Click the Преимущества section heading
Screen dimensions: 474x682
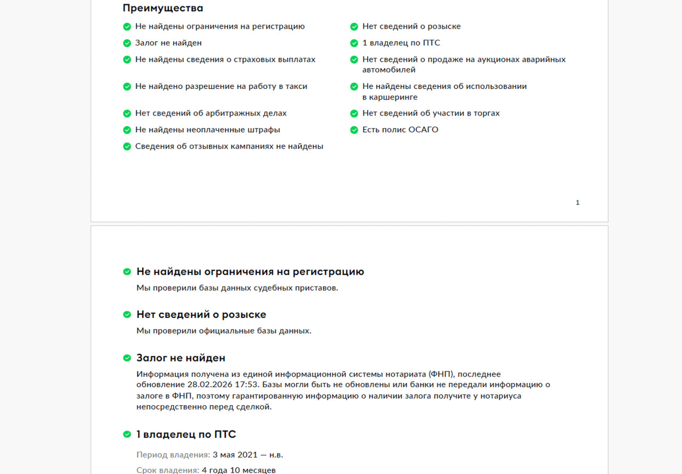[163, 8]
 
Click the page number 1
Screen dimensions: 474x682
[578, 202]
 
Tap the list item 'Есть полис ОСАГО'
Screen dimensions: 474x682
[400, 129]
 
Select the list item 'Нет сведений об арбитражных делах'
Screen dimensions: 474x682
[210, 113]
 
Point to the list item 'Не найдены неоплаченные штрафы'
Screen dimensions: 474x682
[207, 129]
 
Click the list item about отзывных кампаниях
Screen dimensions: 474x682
[229, 146]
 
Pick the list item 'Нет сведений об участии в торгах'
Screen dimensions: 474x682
[431, 113]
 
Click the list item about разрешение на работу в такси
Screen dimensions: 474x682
[221, 86]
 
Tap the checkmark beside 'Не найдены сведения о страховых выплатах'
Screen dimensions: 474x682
[127, 59]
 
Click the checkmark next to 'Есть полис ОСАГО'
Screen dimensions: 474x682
[354, 129]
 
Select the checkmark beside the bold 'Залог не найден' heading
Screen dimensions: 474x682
[127, 358]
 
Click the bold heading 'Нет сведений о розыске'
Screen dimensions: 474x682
[201, 314]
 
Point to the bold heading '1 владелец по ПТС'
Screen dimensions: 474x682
[186, 434]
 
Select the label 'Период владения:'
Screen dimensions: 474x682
[173, 454]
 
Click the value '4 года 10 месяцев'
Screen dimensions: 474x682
[239, 470]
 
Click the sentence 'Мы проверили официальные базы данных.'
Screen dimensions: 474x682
[224, 331]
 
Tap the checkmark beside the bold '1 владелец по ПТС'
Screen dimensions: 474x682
[127, 434]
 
